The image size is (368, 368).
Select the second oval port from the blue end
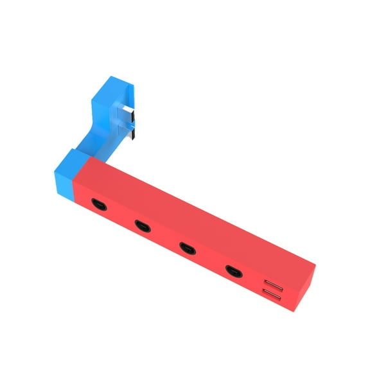(142, 225)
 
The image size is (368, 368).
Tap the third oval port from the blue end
(187, 247)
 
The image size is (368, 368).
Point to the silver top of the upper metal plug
(128, 114)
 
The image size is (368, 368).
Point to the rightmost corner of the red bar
(316, 263)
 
